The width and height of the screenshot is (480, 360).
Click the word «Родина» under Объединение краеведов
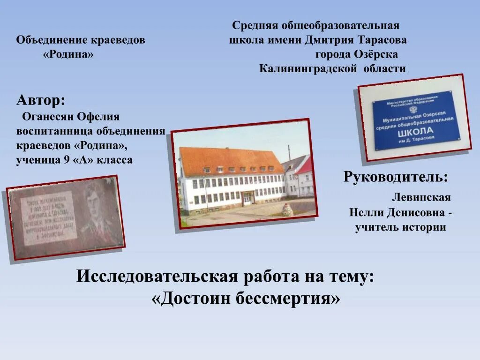point(68,55)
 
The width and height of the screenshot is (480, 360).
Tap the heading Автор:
point(41,100)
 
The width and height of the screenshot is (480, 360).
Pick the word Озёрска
point(376,54)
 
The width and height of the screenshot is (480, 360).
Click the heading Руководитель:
point(395,177)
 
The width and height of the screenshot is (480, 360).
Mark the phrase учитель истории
point(400,227)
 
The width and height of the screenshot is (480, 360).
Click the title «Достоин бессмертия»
point(246,298)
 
